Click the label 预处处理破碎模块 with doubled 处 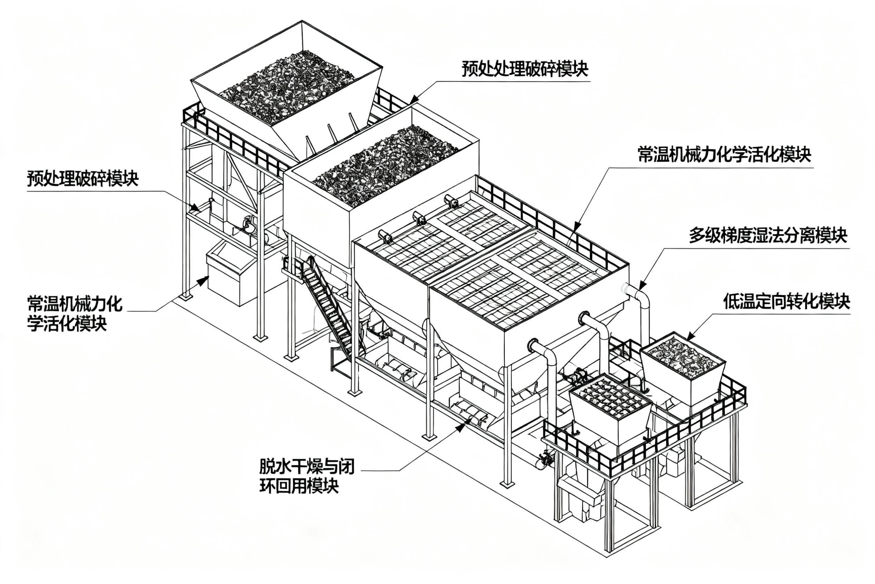(x=525, y=69)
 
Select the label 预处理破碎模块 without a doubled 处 (x=83, y=179)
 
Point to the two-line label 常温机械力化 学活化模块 (x=75, y=314)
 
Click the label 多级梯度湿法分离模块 (x=768, y=235)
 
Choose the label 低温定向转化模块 (x=786, y=301)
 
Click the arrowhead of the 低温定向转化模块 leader (x=690, y=336)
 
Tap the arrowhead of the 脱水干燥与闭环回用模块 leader (x=461, y=427)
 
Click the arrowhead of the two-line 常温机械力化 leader (x=203, y=281)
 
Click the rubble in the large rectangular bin (x=386, y=166)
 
